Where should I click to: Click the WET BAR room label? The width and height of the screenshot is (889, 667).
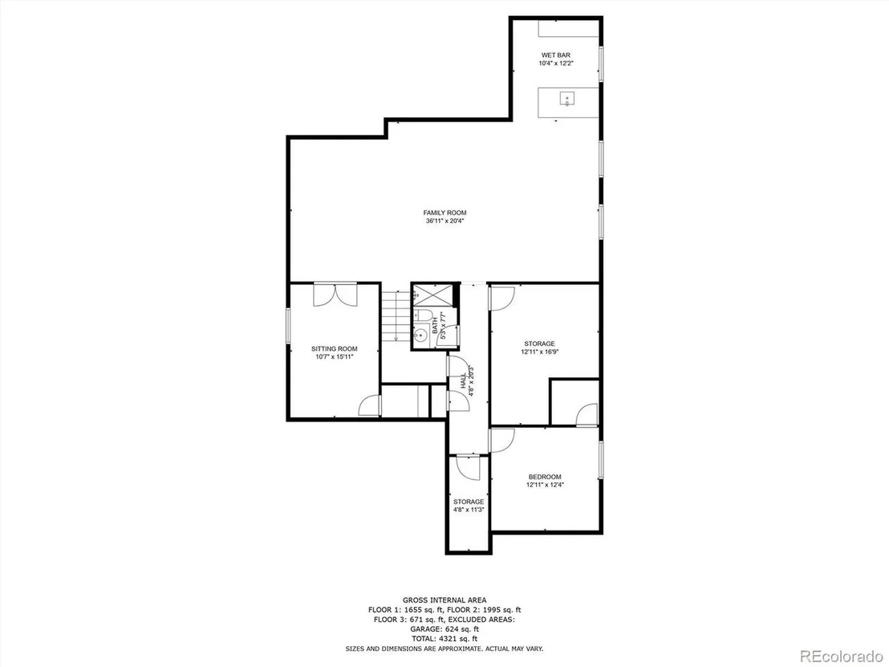click(555, 55)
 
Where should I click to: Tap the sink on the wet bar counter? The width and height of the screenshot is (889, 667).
click(567, 100)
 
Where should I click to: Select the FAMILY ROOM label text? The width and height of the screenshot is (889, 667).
click(445, 213)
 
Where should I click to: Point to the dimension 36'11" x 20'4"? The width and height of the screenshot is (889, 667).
click(445, 222)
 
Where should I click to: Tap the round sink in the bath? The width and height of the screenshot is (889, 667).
click(420, 336)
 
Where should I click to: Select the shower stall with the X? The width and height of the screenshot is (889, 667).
click(433, 295)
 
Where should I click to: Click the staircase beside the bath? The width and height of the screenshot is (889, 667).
click(396, 315)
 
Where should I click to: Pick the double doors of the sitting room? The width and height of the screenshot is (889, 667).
click(335, 295)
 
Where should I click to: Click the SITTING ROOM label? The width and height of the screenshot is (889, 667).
click(335, 349)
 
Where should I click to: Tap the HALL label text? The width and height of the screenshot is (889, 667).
click(463, 380)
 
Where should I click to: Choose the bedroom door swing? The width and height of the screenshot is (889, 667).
click(501, 440)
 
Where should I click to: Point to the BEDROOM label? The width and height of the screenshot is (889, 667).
click(545, 477)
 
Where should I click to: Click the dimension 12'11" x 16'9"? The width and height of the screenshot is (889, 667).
click(540, 352)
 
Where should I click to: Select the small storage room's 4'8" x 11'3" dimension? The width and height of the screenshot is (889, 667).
click(469, 510)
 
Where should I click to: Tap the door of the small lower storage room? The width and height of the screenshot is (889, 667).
click(469, 467)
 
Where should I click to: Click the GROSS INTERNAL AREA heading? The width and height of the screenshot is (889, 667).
click(444, 600)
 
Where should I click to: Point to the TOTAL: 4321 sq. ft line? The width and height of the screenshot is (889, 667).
click(444, 639)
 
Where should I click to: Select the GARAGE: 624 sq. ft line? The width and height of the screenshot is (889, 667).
click(444, 629)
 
